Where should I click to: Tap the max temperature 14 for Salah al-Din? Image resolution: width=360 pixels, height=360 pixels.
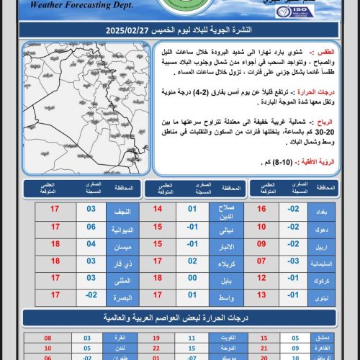click(157, 212)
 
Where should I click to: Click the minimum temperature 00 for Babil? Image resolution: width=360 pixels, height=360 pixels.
click(192, 278)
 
